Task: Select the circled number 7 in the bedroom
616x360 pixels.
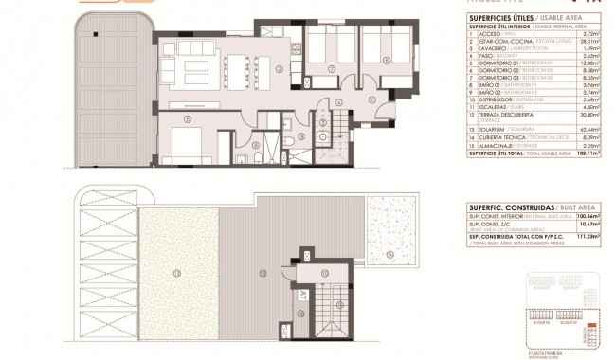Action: coord(330,70)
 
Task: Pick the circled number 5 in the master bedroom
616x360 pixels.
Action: coord(189,118)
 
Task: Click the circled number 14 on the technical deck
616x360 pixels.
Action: coord(389,253)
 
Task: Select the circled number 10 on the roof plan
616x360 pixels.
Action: coord(323,273)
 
